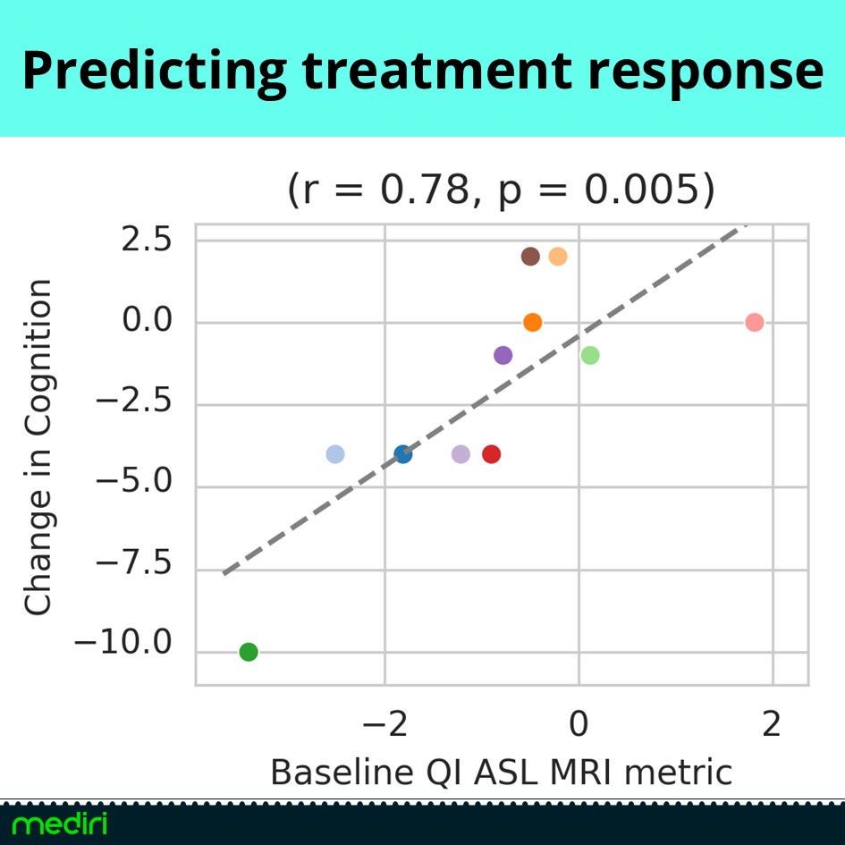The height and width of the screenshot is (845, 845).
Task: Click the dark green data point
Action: click(x=249, y=652)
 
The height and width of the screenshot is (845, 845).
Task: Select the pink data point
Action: click(x=754, y=322)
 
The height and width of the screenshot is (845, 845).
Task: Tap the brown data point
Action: click(x=530, y=257)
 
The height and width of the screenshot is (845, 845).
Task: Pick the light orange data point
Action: click(x=558, y=257)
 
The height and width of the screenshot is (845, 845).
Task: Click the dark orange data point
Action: click(x=532, y=322)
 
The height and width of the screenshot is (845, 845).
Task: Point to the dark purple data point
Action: click(x=503, y=355)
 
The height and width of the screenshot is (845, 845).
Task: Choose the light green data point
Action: click(x=589, y=355)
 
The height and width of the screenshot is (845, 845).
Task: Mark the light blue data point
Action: click(x=334, y=454)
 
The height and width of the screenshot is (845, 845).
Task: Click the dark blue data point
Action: click(x=402, y=454)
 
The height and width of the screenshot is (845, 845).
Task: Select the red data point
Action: click(x=491, y=454)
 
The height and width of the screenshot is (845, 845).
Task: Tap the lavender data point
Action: click(x=461, y=454)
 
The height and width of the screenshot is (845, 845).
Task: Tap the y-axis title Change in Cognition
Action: click(x=38, y=447)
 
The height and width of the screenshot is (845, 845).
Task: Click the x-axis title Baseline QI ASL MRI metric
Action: click(x=501, y=772)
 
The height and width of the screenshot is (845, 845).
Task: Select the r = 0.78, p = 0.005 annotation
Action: click(x=501, y=190)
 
